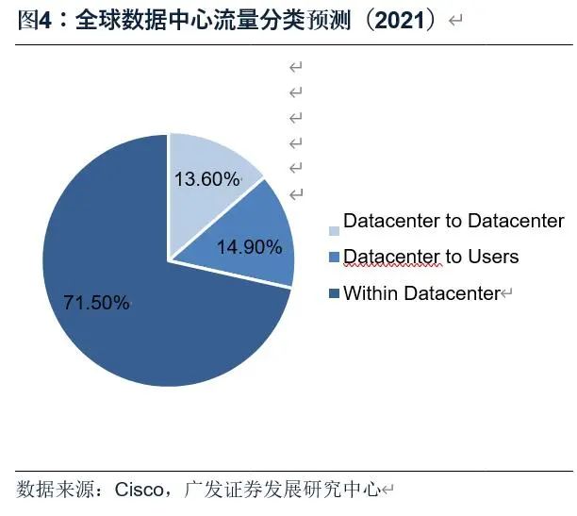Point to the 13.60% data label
pyautogui.click(x=206, y=178)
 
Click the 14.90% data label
pyautogui.click(x=249, y=248)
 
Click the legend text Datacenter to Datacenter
pyautogui.click(x=453, y=222)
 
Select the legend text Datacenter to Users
pyautogui.click(x=431, y=257)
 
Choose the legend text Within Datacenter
pyautogui.click(x=420, y=293)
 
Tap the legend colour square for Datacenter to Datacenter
pyautogui.click(x=334, y=231)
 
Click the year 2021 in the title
pyautogui.click(x=393, y=21)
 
